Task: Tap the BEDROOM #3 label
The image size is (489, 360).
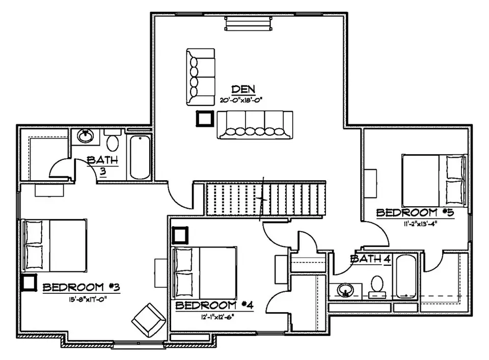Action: (81, 288)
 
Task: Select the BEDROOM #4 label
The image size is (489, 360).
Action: (214, 306)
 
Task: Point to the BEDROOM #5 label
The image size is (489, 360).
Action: (415, 212)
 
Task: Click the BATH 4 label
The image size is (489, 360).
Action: (371, 259)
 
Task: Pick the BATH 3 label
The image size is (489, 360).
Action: (103, 165)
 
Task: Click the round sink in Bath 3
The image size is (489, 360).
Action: (86, 136)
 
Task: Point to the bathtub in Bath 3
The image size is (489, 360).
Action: (139, 156)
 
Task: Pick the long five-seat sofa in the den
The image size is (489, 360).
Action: (255, 125)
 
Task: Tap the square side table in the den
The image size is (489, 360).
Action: (205, 119)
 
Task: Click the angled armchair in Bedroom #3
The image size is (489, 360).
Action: (148, 319)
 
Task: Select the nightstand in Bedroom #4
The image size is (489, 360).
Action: (180, 235)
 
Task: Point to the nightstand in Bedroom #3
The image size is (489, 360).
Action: (29, 283)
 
